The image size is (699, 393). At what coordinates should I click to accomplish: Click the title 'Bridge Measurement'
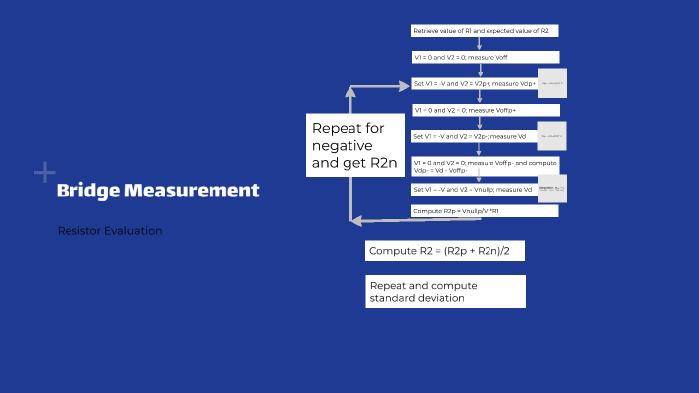(x=158, y=190)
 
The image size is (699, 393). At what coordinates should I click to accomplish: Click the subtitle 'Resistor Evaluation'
(x=109, y=231)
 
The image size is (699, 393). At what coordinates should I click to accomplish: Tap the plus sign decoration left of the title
(x=44, y=173)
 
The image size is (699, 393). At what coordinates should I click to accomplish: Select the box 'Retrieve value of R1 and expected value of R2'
(x=481, y=31)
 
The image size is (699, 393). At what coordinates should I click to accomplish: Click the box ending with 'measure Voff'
(x=485, y=58)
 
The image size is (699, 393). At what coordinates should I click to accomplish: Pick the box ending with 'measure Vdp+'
(x=475, y=84)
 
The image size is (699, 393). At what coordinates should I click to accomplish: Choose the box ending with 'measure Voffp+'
(x=485, y=110)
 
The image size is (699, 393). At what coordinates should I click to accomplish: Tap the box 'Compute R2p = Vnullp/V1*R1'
(x=485, y=211)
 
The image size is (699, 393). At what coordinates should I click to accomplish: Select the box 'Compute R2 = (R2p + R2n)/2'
(x=444, y=251)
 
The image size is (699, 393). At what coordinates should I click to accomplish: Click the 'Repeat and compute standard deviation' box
(x=444, y=291)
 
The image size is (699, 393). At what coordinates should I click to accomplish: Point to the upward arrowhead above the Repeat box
(x=350, y=90)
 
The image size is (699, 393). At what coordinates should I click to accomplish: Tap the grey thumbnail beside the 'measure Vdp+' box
(x=552, y=83)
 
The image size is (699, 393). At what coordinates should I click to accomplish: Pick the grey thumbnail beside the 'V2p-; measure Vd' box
(x=552, y=135)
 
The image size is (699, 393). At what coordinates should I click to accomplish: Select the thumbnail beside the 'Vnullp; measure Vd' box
(x=552, y=188)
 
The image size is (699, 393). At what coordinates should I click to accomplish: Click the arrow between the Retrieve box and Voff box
(x=479, y=44)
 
